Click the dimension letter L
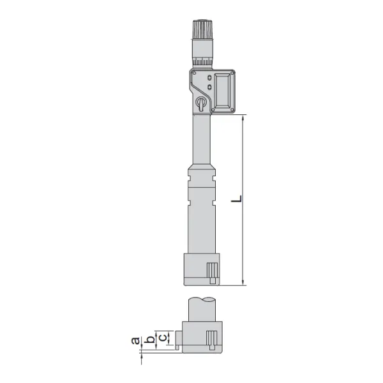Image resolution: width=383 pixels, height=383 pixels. tap(237, 199)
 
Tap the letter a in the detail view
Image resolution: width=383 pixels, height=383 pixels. tap(135, 340)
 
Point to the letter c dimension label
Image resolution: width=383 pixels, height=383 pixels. tap(163, 338)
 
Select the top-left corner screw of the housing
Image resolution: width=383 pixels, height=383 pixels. tap(194, 73)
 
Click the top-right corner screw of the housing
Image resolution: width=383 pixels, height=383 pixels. tap(232, 73)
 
